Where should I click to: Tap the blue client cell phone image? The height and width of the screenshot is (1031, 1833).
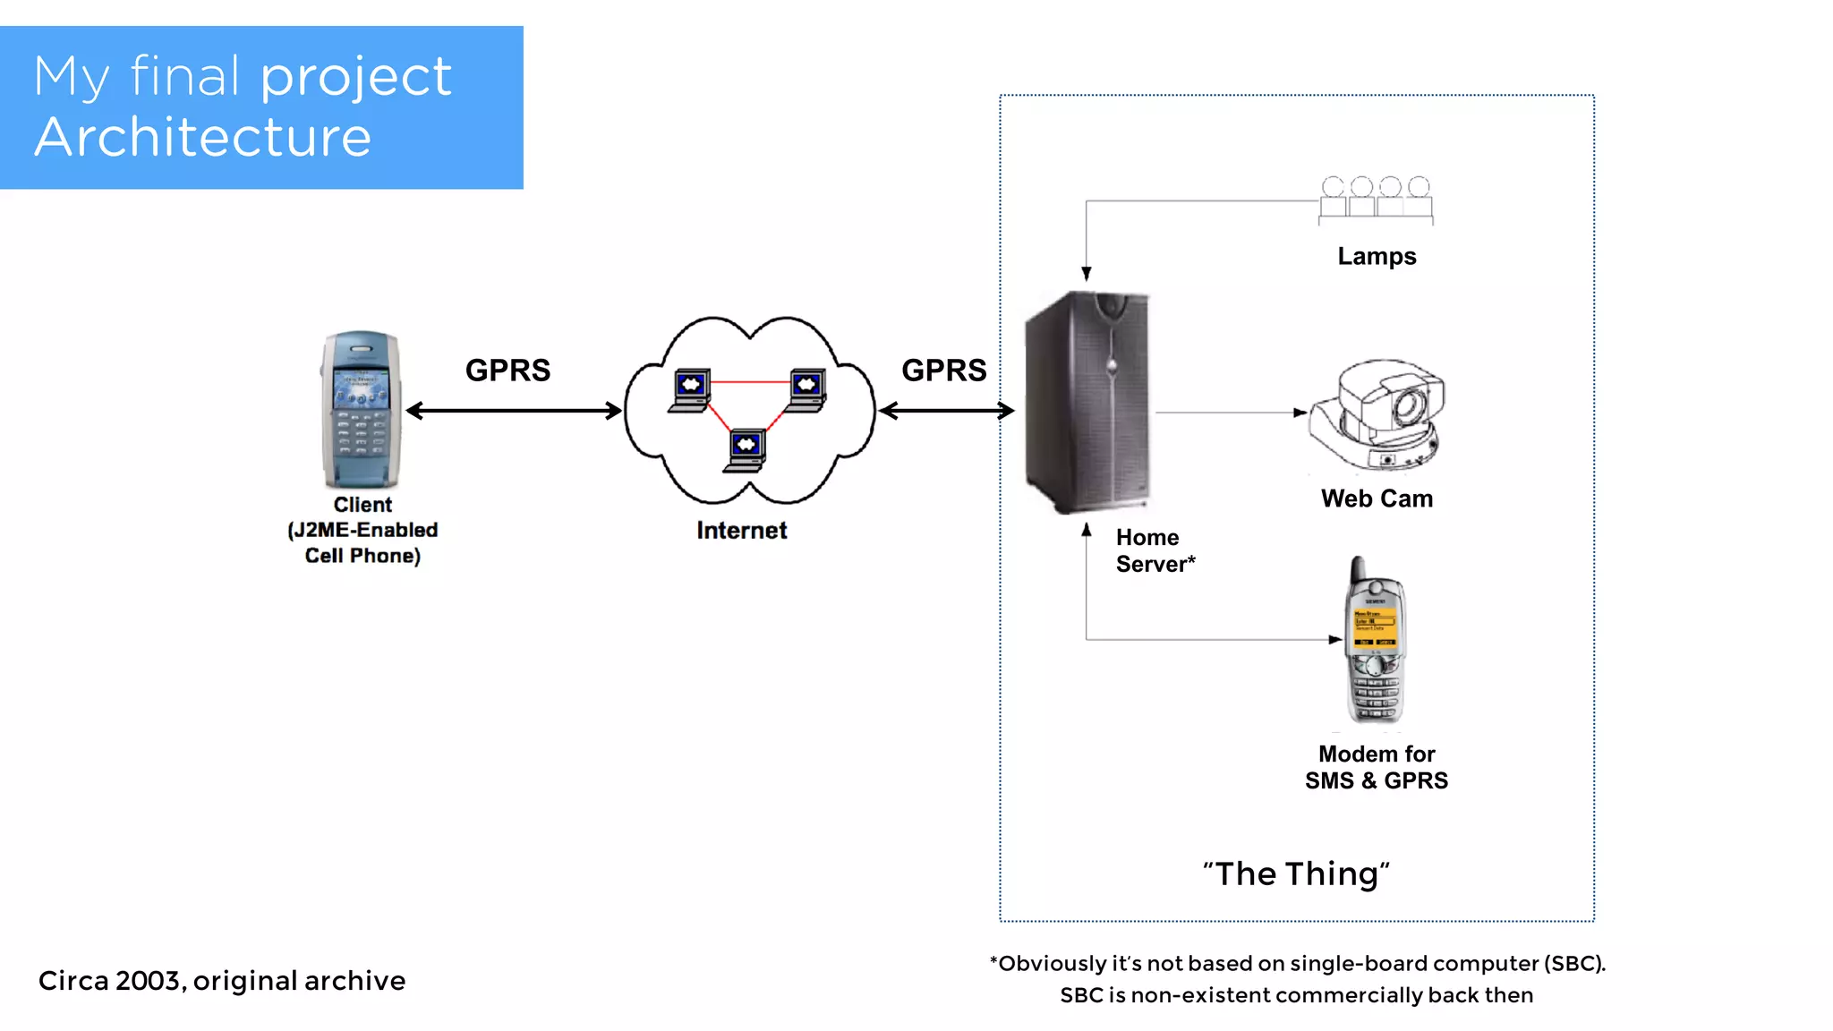(x=361, y=410)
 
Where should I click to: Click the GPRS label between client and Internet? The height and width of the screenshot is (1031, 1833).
(x=507, y=371)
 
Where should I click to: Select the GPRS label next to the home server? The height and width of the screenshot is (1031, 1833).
(x=943, y=371)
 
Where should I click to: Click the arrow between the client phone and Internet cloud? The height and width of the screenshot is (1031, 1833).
(x=514, y=411)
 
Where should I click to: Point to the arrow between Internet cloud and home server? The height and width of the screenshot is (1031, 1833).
(x=946, y=411)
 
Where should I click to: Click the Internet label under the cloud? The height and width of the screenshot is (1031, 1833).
(x=741, y=531)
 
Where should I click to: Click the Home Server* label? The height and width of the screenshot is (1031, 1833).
(x=1154, y=550)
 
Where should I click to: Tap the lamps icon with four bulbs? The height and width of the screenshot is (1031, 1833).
(x=1376, y=199)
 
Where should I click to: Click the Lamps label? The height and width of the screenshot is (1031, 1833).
(x=1376, y=257)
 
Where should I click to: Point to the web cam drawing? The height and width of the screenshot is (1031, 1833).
(x=1377, y=414)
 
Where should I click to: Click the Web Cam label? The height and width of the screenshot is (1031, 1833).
(x=1377, y=498)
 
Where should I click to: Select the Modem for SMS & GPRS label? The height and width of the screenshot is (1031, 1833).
(x=1376, y=767)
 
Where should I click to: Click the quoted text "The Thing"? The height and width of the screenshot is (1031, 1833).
(x=1296, y=873)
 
